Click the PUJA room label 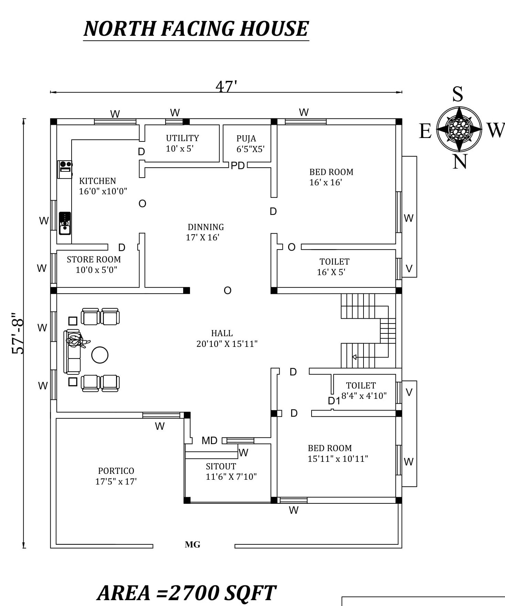point(246,139)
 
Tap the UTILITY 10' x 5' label point(182,143)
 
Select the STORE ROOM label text point(94,259)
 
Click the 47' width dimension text point(226,86)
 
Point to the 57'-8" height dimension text point(18,333)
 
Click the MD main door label point(209,440)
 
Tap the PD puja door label point(238,166)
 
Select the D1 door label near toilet point(334,401)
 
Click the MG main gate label point(192,544)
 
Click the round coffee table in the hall point(100,355)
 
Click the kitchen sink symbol point(65,224)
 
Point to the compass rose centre point(459,129)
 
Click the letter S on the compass point(457,94)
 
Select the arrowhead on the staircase point(354,357)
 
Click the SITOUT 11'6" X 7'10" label point(231,471)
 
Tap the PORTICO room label point(116,471)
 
